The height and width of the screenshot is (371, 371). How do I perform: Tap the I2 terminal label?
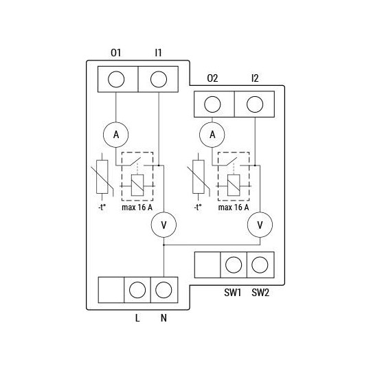coord(255,79)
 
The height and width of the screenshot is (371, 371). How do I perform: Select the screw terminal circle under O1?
coord(116,79)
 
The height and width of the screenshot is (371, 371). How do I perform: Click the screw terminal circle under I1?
coord(159,79)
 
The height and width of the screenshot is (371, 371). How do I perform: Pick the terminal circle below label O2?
coord(212,104)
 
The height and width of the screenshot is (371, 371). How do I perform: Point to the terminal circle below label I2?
coord(255,104)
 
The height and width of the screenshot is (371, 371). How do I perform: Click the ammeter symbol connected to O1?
coord(116,135)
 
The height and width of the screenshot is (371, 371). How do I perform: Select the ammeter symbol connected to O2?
coord(212,135)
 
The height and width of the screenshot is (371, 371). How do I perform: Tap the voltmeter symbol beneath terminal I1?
coord(164,225)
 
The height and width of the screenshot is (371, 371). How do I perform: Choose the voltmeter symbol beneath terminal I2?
coord(260,225)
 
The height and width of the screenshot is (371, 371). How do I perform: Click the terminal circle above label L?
coord(137,290)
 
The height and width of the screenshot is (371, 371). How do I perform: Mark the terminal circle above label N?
coord(163,290)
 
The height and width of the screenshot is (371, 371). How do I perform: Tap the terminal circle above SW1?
coord(233,265)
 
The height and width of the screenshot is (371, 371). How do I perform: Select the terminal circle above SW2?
coord(260,265)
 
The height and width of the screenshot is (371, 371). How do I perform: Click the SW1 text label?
coord(233,292)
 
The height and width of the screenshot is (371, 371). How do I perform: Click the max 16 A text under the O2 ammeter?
coord(234,207)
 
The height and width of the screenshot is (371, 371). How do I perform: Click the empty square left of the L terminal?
coord(111,290)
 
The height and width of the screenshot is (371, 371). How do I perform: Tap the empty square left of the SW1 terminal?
coord(207,265)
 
